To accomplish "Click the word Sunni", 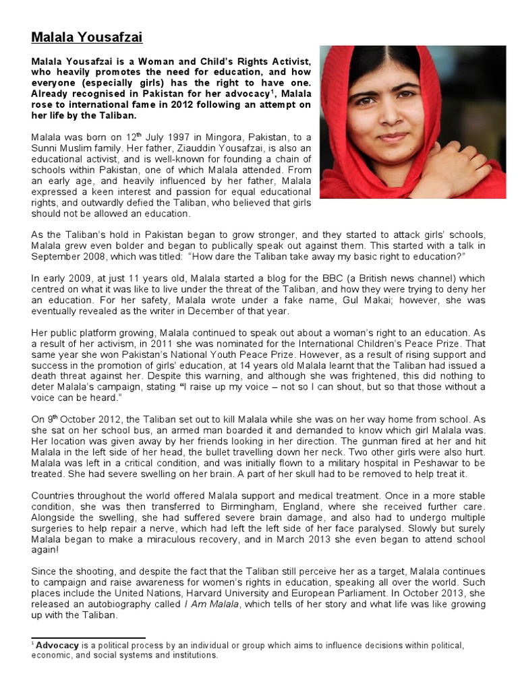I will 45,148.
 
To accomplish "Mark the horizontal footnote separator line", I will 88,637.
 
